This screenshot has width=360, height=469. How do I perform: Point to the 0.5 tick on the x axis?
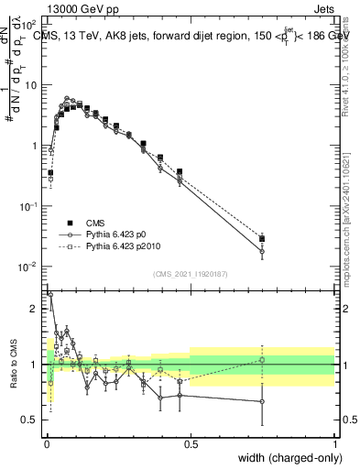click(x=191, y=444)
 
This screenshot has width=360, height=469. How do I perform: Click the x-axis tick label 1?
click(x=334, y=444)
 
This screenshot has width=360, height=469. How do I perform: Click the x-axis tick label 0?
click(x=47, y=444)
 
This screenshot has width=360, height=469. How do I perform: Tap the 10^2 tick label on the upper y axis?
click(x=30, y=25)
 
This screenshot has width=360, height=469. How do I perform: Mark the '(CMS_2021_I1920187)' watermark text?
click(x=191, y=274)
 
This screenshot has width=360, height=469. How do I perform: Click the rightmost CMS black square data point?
click(x=262, y=240)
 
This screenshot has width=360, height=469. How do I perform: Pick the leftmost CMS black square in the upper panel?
click(x=51, y=172)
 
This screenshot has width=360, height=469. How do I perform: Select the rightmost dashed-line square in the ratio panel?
click(x=262, y=360)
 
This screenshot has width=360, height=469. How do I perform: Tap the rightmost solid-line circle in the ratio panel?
click(x=262, y=401)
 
